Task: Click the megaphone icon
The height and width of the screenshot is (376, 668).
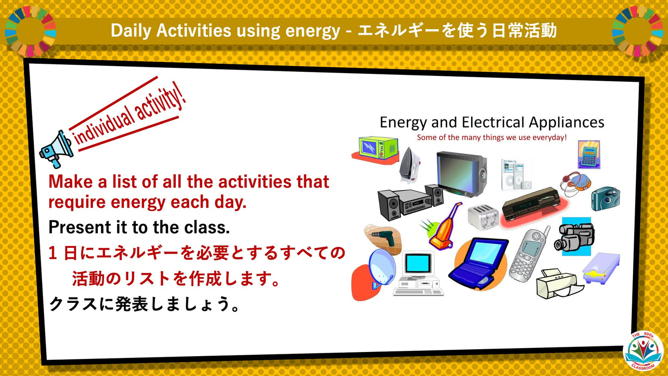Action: coord(55,148)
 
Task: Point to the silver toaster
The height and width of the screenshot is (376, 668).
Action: coord(483,216)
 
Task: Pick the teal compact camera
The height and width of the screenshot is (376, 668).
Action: coord(605,199)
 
